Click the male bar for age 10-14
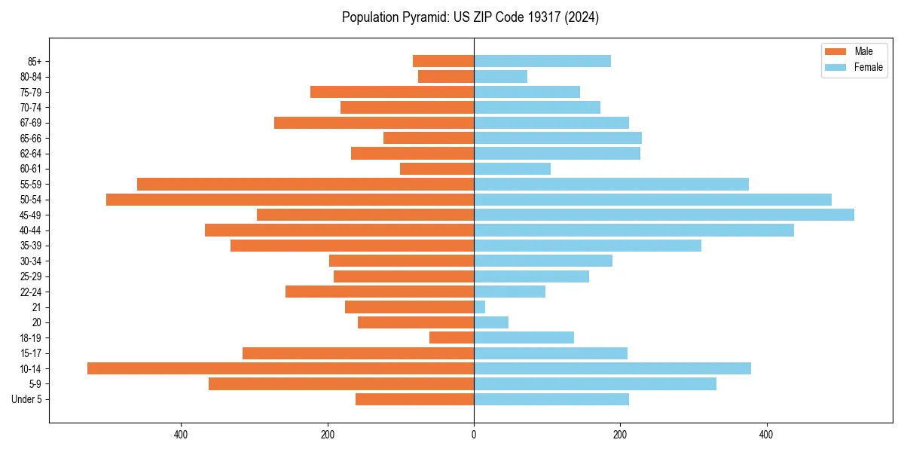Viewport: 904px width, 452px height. [x=280, y=368]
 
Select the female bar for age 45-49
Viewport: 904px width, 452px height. [x=664, y=215]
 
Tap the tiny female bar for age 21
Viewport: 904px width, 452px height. [x=480, y=307]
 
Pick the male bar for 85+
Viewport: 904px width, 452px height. [x=443, y=61]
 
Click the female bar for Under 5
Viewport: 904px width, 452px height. [x=551, y=399]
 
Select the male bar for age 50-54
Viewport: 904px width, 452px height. [x=290, y=200]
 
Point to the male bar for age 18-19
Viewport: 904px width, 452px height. [x=451, y=337]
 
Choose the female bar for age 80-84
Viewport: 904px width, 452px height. [x=500, y=76]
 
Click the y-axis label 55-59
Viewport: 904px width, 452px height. [x=31, y=184]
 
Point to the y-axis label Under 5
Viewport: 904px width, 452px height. [x=27, y=399]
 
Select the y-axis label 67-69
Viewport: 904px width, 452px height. [x=31, y=123]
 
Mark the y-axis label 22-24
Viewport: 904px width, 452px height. [x=31, y=292]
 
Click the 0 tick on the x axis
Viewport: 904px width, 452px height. [x=474, y=435]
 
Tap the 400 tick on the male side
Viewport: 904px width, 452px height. [x=181, y=435]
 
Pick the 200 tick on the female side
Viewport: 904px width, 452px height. [x=620, y=435]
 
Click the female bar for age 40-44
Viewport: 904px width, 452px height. [x=634, y=230]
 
